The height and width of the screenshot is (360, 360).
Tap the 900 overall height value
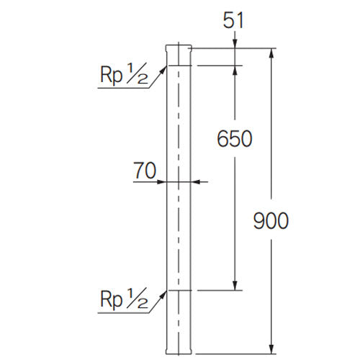(x=271, y=221)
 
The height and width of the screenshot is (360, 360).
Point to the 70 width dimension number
(x=145, y=171)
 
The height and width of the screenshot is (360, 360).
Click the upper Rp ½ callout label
(x=124, y=75)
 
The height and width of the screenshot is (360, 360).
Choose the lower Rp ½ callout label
(x=124, y=297)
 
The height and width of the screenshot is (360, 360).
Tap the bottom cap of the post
(x=179, y=352)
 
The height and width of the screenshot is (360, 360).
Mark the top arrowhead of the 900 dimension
(x=271, y=53)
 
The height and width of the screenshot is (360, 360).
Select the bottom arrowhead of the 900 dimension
(x=271, y=350)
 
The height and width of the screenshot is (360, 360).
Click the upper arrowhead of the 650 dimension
(x=235, y=71)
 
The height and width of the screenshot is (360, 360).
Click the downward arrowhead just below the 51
(x=235, y=45)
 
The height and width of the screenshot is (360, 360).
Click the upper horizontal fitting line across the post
(x=179, y=66)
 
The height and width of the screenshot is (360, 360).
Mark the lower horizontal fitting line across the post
(x=179, y=291)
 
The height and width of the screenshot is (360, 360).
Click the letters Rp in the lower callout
(x=112, y=297)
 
